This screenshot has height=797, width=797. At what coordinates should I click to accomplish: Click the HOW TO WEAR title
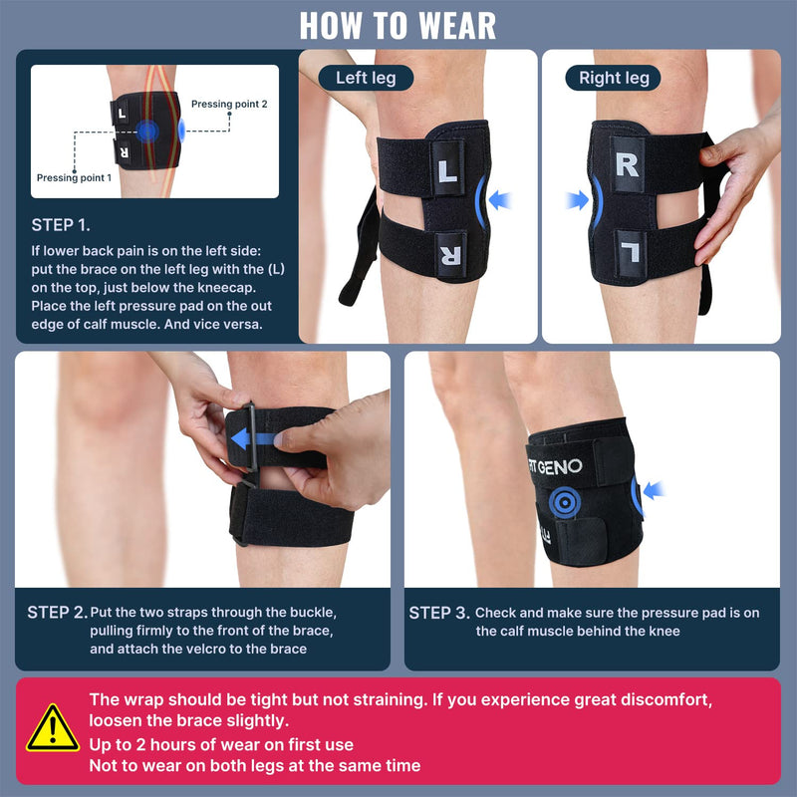tap(398, 24)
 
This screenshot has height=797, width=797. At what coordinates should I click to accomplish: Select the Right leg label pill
tap(614, 77)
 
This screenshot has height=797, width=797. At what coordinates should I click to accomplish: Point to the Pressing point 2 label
tap(229, 104)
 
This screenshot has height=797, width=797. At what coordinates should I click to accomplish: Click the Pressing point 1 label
tap(75, 178)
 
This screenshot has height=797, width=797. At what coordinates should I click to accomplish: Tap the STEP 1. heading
tap(66, 225)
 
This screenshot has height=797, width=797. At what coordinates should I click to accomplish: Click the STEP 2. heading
tap(57, 613)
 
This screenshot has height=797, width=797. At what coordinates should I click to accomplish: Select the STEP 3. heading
tap(438, 613)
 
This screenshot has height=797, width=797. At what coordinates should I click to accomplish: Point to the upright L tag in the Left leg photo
tap(448, 170)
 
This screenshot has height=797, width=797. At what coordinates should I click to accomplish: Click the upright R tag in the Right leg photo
tap(627, 165)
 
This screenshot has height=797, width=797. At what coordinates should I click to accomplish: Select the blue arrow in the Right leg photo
tap(577, 201)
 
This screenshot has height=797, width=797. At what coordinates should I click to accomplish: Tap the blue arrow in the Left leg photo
tap(500, 201)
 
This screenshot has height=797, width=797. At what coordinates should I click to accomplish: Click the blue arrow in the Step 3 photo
tap(652, 488)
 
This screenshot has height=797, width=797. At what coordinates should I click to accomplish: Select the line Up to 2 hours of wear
tap(221, 744)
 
